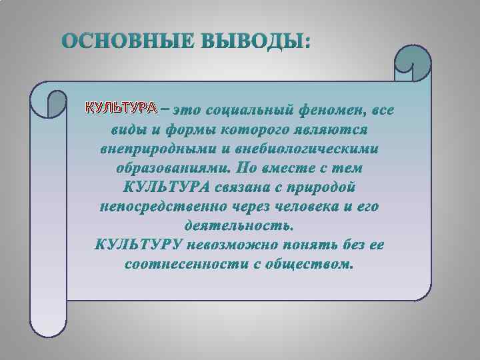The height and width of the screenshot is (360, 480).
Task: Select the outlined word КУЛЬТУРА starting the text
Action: point(119,107)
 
